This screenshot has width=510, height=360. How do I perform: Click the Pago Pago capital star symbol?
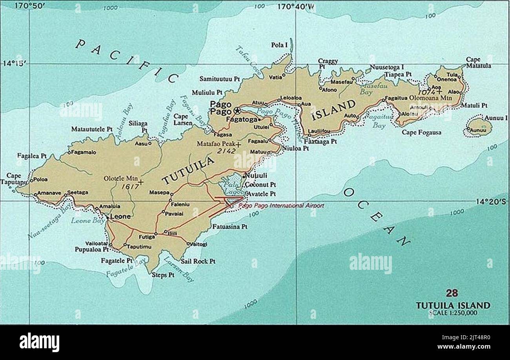tap(237, 110)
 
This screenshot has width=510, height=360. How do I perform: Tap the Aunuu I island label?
tap(496, 118)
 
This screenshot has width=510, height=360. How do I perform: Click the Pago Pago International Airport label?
tap(281, 205)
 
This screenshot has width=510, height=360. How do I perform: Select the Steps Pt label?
tap(163, 275)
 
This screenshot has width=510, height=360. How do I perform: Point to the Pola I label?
tap(279, 45)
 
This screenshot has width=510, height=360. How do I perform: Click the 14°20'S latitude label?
tap(491, 202)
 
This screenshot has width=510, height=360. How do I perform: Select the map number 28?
tap(452, 293)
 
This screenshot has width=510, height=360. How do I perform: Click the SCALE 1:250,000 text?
tap(453, 313)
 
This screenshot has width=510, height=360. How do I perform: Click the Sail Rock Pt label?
tap(198, 261)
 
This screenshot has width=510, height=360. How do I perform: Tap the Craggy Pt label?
tap(328, 64)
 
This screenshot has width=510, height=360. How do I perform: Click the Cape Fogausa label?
tap(421, 133)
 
